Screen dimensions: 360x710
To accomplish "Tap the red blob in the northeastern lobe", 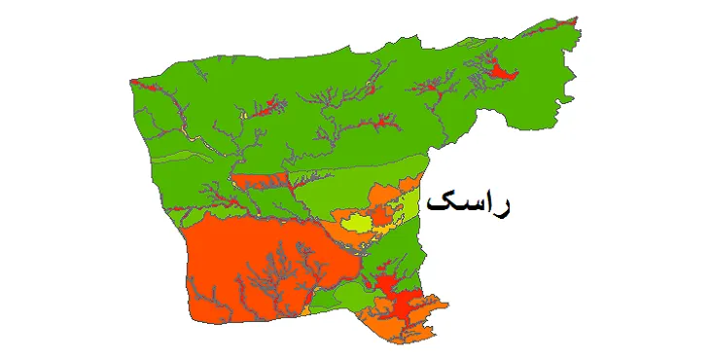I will coord(502,70).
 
